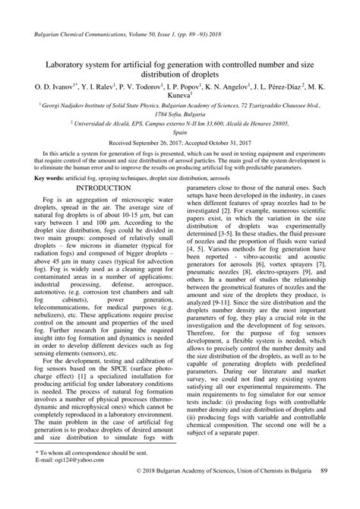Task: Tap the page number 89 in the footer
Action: click(325, 494)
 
